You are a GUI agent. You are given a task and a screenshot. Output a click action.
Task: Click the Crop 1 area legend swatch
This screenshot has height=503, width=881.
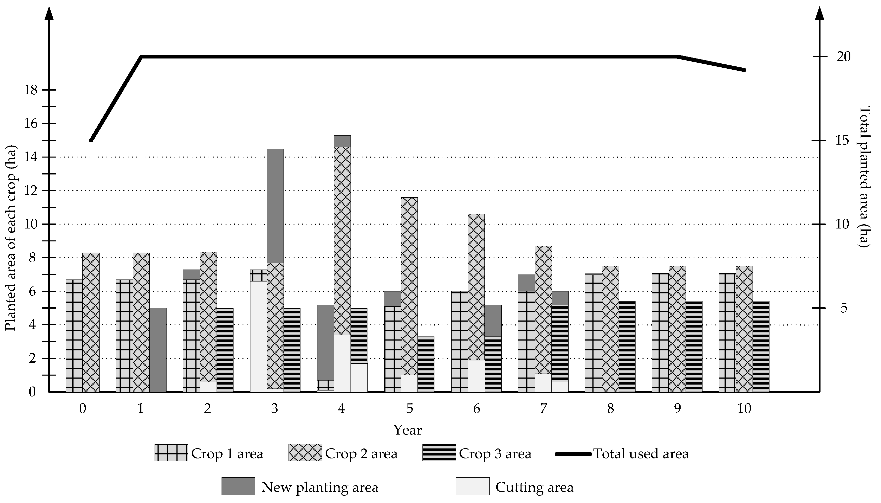(x=171, y=452)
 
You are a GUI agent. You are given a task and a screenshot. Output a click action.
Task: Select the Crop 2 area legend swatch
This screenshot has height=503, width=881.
(x=305, y=452)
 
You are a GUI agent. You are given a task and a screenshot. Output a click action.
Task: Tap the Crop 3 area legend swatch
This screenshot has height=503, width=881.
(x=439, y=452)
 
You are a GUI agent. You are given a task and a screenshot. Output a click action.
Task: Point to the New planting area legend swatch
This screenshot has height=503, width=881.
(x=238, y=486)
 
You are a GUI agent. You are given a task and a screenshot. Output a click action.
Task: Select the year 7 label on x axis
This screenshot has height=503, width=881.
(x=543, y=409)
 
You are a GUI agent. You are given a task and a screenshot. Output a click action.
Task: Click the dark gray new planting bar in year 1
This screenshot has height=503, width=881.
(x=158, y=350)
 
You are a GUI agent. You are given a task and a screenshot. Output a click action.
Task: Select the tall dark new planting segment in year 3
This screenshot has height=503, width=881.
(x=275, y=206)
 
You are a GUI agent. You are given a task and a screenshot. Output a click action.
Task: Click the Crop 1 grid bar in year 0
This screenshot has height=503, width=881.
(x=74, y=335)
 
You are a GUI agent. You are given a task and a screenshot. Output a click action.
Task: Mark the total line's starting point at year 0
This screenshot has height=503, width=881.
(x=91, y=141)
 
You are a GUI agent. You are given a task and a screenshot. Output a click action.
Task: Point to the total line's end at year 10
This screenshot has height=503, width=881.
(x=745, y=70)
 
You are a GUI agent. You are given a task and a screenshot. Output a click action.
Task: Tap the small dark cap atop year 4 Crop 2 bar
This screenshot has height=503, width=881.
(x=342, y=141)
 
